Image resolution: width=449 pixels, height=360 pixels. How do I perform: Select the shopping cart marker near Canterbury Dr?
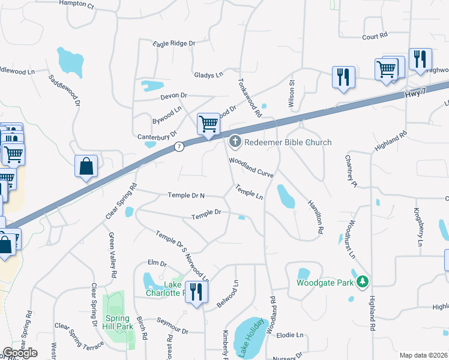208,125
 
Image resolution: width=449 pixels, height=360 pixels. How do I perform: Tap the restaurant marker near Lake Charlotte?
196,293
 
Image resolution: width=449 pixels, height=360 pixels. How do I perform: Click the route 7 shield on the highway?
179,146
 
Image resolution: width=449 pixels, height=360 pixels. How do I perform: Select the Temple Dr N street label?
186,196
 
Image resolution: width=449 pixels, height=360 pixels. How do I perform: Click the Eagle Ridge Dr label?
175,44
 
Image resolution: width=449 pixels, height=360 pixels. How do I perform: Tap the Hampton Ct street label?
77,4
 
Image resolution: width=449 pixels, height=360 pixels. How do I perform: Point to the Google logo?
20,353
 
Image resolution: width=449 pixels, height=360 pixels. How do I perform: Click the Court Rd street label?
375,37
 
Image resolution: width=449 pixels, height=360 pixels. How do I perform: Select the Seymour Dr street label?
173,331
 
